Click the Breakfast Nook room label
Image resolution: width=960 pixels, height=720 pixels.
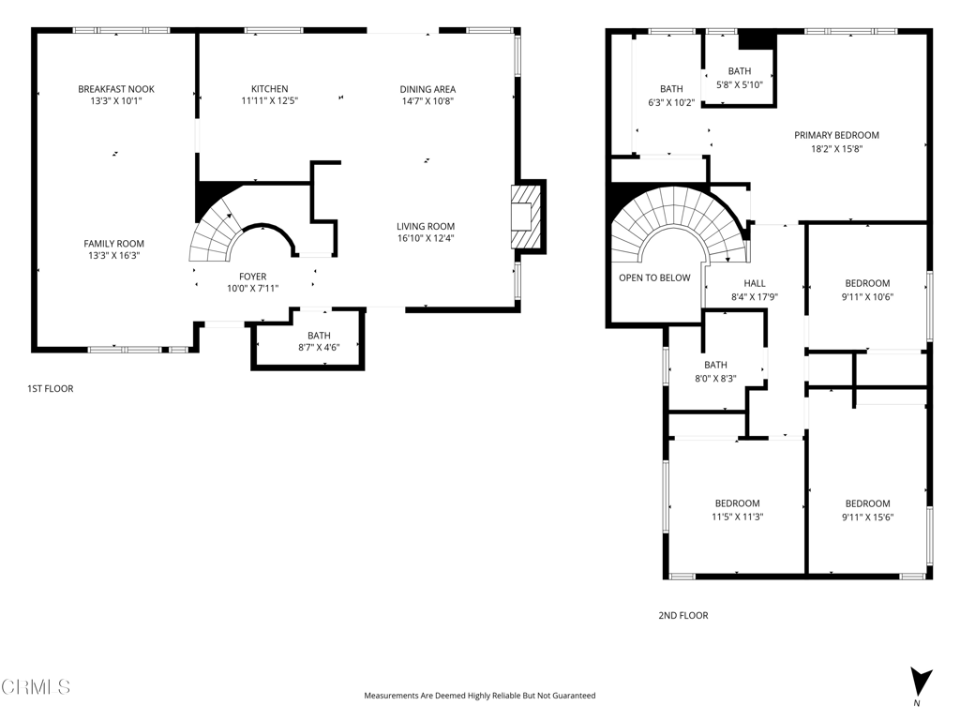click(x=115, y=89)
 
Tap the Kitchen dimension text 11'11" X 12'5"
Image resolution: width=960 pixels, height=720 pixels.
click(x=269, y=101)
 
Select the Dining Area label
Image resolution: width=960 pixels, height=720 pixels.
click(x=427, y=89)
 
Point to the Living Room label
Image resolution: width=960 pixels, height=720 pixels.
click(x=426, y=226)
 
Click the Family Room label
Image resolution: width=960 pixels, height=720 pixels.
click(x=113, y=243)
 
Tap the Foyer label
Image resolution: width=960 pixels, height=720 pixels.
click(x=253, y=277)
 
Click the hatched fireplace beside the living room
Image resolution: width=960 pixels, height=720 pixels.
click(x=526, y=217)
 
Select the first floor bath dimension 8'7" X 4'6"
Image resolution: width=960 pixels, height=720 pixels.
click(x=319, y=347)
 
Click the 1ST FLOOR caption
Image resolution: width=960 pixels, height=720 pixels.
click(x=51, y=389)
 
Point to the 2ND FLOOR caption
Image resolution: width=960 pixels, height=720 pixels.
click(x=683, y=615)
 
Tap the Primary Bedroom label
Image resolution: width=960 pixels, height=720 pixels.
click(x=836, y=135)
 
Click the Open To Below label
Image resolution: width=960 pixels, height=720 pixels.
click(x=654, y=277)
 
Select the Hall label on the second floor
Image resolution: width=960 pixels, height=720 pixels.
click(x=755, y=283)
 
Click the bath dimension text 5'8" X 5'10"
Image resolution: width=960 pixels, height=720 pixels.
click(x=740, y=84)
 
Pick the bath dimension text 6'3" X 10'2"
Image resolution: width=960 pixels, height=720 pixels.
click(x=671, y=103)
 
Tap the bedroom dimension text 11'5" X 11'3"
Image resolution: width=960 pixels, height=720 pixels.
click(x=737, y=517)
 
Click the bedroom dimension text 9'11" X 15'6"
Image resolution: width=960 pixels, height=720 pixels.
click(x=867, y=517)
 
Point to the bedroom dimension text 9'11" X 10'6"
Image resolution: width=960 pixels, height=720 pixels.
click(x=867, y=297)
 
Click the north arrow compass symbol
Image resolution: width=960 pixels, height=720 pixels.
click(x=920, y=683)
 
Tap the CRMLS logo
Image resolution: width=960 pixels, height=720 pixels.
click(x=36, y=687)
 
